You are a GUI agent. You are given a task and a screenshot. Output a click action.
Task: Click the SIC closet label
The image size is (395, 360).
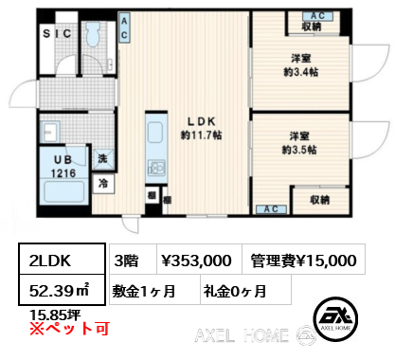pos(57,33)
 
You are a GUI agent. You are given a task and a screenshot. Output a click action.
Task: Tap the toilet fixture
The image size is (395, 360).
pos(93,34)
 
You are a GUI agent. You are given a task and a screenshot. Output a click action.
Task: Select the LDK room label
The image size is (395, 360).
pos(201,121)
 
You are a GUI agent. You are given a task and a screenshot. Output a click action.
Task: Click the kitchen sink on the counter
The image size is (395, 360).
pos(155,133)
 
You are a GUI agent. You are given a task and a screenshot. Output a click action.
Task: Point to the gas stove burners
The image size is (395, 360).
pos(156,168)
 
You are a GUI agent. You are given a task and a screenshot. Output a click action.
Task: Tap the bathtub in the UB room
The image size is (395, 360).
pos(63,190)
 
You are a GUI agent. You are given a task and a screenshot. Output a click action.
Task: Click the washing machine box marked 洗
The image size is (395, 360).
pos(102,158)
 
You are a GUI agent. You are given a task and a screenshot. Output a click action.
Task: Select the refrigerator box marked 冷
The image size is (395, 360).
pos(103,183)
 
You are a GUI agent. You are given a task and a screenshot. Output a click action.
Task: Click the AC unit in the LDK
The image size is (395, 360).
pos(124,27)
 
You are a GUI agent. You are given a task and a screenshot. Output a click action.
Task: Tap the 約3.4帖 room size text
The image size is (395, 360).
pos(300,72)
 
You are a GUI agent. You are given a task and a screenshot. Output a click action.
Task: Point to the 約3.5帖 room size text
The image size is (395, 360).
pos(299,150)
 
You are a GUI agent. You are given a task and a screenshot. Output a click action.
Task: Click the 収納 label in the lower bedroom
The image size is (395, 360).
pos(320,200)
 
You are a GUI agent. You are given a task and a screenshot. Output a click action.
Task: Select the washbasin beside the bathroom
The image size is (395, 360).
pos(50,132)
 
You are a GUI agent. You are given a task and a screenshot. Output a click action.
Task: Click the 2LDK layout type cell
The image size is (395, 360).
pos(62,259)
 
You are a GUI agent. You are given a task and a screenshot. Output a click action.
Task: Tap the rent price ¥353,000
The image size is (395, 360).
pos(196,261)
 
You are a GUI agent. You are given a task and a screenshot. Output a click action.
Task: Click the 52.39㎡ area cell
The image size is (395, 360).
pos(62,290)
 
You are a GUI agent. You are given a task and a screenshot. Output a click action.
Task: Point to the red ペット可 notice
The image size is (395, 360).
pos(69,329)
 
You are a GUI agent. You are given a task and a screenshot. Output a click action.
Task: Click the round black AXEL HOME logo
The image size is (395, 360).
pos(335,318)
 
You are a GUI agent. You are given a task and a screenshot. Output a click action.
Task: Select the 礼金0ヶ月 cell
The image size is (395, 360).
pos(245,290)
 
